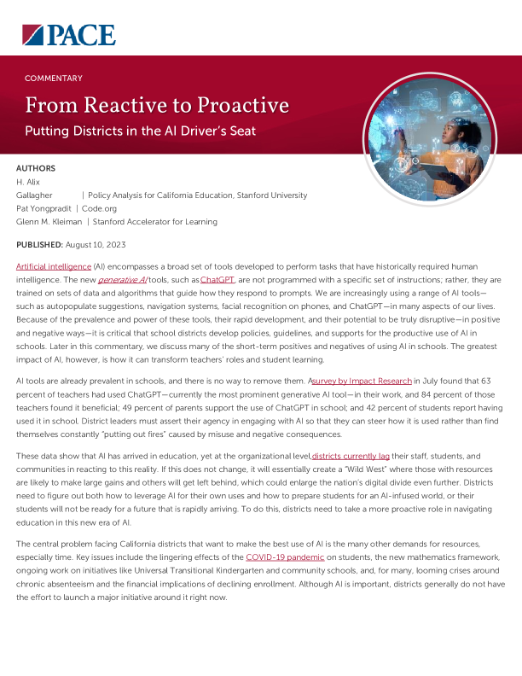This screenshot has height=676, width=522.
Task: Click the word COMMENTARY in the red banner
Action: tap(54, 79)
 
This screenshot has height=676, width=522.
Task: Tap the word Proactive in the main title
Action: tap(235, 106)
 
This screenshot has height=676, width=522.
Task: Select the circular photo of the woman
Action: tap(418, 128)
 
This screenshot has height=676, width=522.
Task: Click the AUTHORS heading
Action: tap(36, 169)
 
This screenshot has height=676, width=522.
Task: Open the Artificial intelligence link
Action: tap(53, 267)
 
